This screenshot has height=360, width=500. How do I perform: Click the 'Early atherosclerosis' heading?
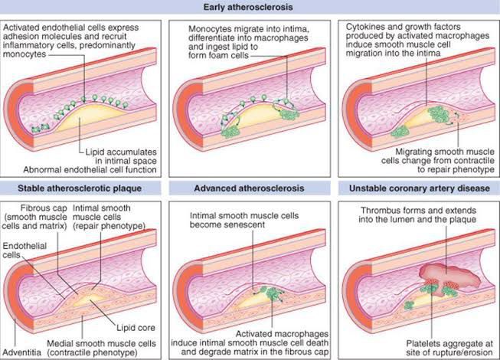250,8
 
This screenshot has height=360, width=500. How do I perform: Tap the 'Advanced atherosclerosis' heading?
248,188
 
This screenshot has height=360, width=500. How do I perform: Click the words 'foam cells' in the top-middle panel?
224,55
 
